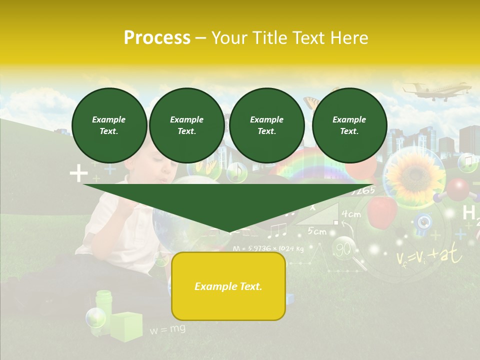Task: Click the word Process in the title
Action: click(x=157, y=38)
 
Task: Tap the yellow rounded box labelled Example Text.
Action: click(x=228, y=286)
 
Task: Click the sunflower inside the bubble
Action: click(x=413, y=174)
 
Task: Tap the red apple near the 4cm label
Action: click(x=382, y=210)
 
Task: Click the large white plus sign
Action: click(x=78, y=174)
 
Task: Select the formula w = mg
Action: click(x=167, y=329)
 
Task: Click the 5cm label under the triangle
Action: click(x=317, y=231)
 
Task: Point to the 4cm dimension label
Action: click(x=351, y=214)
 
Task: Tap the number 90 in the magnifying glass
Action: click(x=343, y=248)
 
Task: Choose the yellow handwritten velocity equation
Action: click(x=429, y=256)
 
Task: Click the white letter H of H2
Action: click(x=468, y=213)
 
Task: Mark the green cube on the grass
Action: click(x=126, y=326)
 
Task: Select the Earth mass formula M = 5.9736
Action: click(x=268, y=248)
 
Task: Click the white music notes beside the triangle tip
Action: click(x=277, y=230)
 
